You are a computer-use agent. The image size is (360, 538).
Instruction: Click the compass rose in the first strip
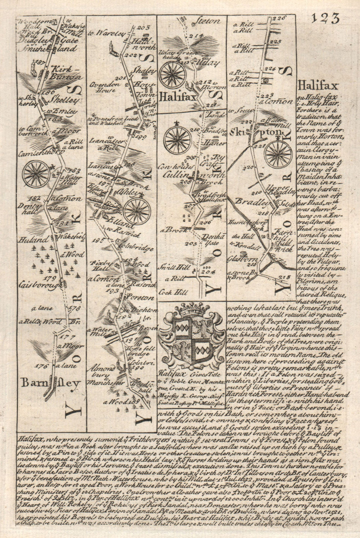click(x=36, y=174)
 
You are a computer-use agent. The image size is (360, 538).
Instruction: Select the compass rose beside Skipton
click(x=277, y=153)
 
